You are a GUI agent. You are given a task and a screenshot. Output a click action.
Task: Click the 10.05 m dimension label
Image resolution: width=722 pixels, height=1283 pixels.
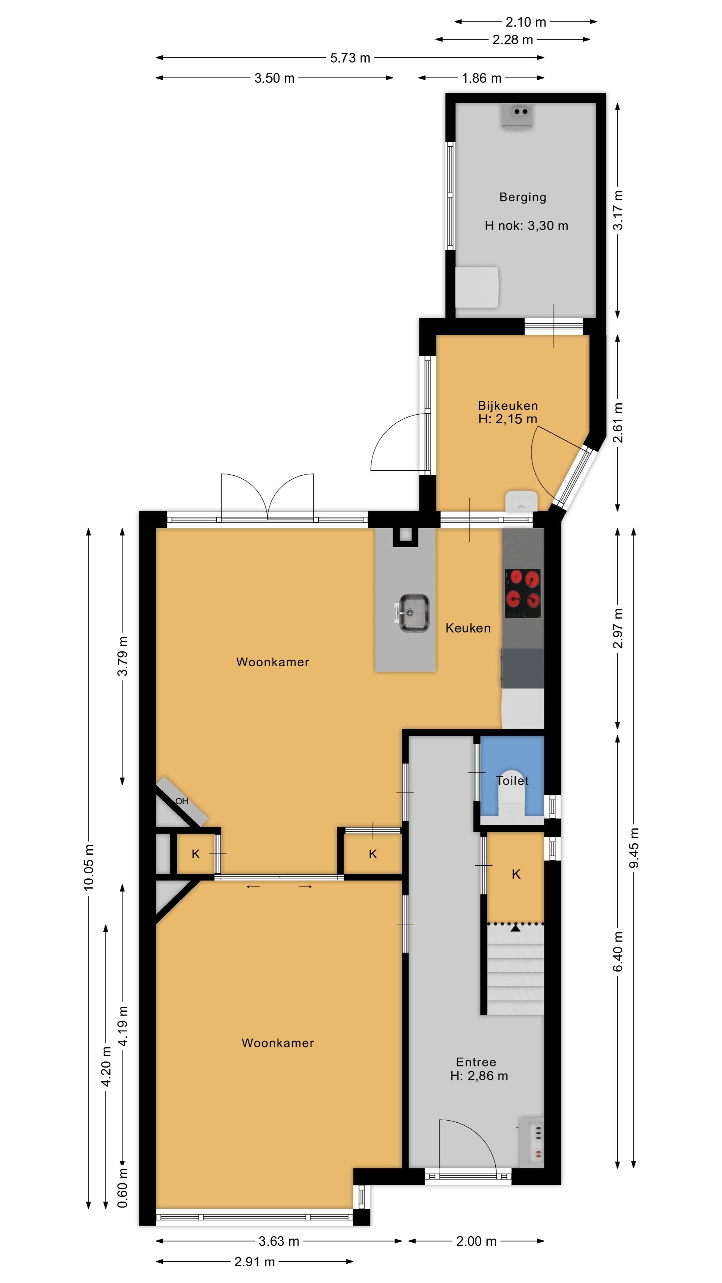[89, 868]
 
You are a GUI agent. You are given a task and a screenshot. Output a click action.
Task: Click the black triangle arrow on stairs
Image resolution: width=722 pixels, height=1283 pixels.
[515, 928]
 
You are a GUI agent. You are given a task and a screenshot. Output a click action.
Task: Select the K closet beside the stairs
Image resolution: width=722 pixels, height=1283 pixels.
[516, 874]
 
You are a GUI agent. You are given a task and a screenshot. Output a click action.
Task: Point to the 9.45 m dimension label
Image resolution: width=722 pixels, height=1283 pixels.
[634, 848]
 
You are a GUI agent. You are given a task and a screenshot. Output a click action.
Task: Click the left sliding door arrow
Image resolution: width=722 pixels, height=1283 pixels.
[253, 886]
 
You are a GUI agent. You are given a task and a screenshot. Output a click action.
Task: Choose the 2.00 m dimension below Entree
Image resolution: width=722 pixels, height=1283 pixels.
[476, 1241]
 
